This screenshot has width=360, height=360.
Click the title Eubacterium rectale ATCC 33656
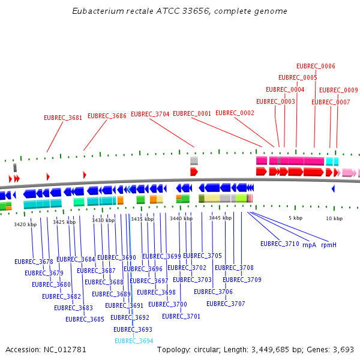coord(179,11)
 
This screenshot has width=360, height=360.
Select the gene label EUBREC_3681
coord(63,118)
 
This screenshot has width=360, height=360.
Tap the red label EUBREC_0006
coord(316,66)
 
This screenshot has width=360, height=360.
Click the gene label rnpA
coord(309,245)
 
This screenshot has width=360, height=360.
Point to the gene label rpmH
coord(329,245)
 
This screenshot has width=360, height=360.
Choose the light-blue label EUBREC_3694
coord(133,341)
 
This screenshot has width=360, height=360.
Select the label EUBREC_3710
coord(280,244)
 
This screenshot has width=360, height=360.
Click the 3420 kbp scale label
coord(25,224)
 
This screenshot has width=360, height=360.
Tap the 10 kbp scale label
coord(334,218)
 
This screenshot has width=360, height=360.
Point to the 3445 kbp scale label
coord(220,218)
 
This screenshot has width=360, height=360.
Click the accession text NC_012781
coord(46,349)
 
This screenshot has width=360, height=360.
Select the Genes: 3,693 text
coord(332,349)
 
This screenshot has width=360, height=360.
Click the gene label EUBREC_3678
coord(34,262)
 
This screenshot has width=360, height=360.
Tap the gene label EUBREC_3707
coord(226,304)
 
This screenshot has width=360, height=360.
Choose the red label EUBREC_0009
coord(338,90)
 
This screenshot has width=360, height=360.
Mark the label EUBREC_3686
coord(107,116)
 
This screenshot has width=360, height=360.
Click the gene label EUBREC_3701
coord(181,316)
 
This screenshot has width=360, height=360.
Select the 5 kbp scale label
coord(295,218)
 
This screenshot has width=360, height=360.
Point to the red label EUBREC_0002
coord(235,113)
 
